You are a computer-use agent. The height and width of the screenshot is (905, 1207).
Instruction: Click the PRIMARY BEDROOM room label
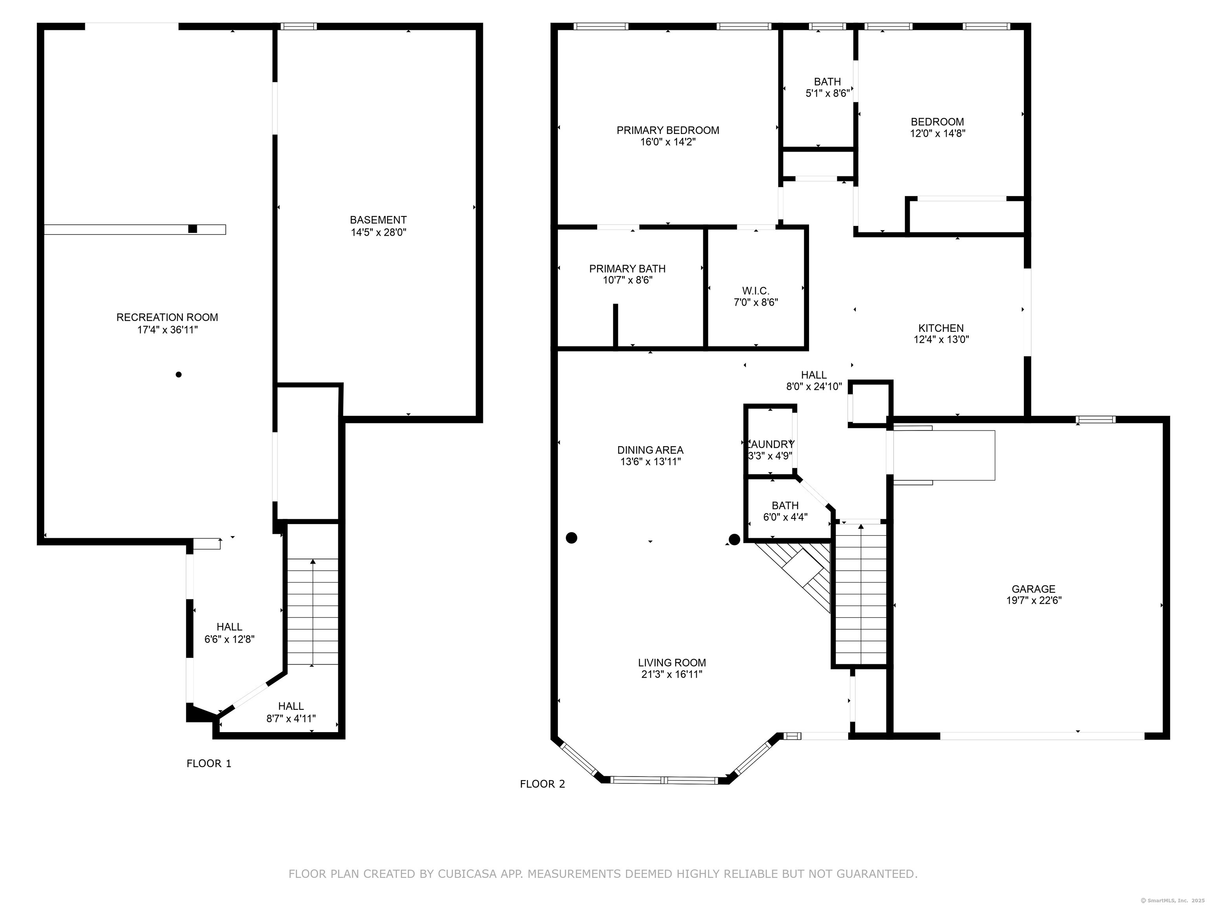[668, 130]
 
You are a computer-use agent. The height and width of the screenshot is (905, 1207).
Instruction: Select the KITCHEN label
[941, 328]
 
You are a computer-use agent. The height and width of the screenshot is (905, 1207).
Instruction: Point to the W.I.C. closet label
[756, 291]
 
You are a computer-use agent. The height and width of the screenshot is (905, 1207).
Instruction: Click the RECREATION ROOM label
[167, 317]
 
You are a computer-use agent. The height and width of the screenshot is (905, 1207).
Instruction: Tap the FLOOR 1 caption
[209, 764]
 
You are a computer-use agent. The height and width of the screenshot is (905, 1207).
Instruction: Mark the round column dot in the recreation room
[178, 374]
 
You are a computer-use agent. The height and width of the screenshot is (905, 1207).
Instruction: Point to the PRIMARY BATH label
[627, 268]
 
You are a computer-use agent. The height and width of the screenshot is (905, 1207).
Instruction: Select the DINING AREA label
[650, 450]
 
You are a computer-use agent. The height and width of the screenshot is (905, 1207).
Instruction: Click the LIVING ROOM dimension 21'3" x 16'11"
[672, 674]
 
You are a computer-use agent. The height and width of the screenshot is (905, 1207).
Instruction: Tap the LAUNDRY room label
[770, 445]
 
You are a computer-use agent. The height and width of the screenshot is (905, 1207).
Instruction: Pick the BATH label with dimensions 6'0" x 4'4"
[785, 506]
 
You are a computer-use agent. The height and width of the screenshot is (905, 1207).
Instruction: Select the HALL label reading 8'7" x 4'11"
[291, 706]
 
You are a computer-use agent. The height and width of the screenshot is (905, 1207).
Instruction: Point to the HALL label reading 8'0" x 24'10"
[814, 375]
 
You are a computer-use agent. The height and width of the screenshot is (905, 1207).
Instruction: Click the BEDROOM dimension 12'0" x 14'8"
[937, 134]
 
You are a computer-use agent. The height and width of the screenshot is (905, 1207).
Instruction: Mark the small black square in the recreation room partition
[193, 229]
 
